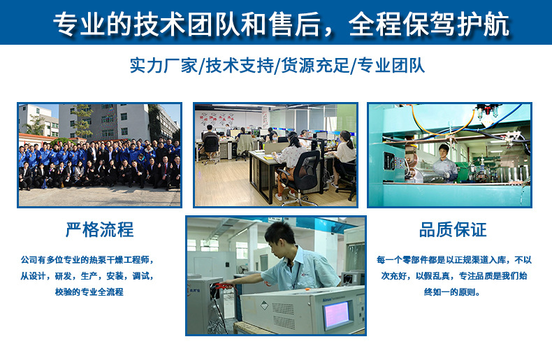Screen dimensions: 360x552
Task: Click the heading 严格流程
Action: coord(99,230)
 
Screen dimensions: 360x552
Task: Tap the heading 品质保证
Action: coord(452,230)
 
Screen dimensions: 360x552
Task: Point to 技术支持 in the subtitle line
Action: coord(240,66)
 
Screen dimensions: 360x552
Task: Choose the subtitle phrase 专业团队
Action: coord(390,66)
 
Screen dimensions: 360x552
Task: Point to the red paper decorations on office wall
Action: coord(231,115)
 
